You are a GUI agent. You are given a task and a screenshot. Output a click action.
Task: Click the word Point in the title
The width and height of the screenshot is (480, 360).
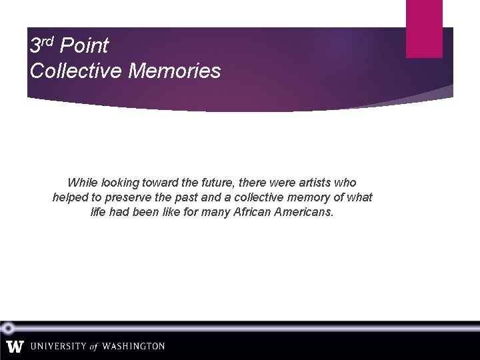click(x=84, y=46)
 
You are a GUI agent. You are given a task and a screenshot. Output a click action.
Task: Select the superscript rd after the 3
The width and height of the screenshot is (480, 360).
click(x=47, y=42)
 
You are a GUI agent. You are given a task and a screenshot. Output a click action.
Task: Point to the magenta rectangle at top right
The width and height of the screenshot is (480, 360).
click(x=424, y=28)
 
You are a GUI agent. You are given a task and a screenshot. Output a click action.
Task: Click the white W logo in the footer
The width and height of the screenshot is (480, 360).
click(x=15, y=347)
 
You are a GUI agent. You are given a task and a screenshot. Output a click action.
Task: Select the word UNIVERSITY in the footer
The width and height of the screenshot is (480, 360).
click(x=58, y=347)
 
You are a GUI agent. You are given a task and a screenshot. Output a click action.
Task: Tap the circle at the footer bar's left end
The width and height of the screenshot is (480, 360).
click(x=7, y=327)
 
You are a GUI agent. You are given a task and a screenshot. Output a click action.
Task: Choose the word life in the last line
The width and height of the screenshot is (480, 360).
click(x=99, y=212)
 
